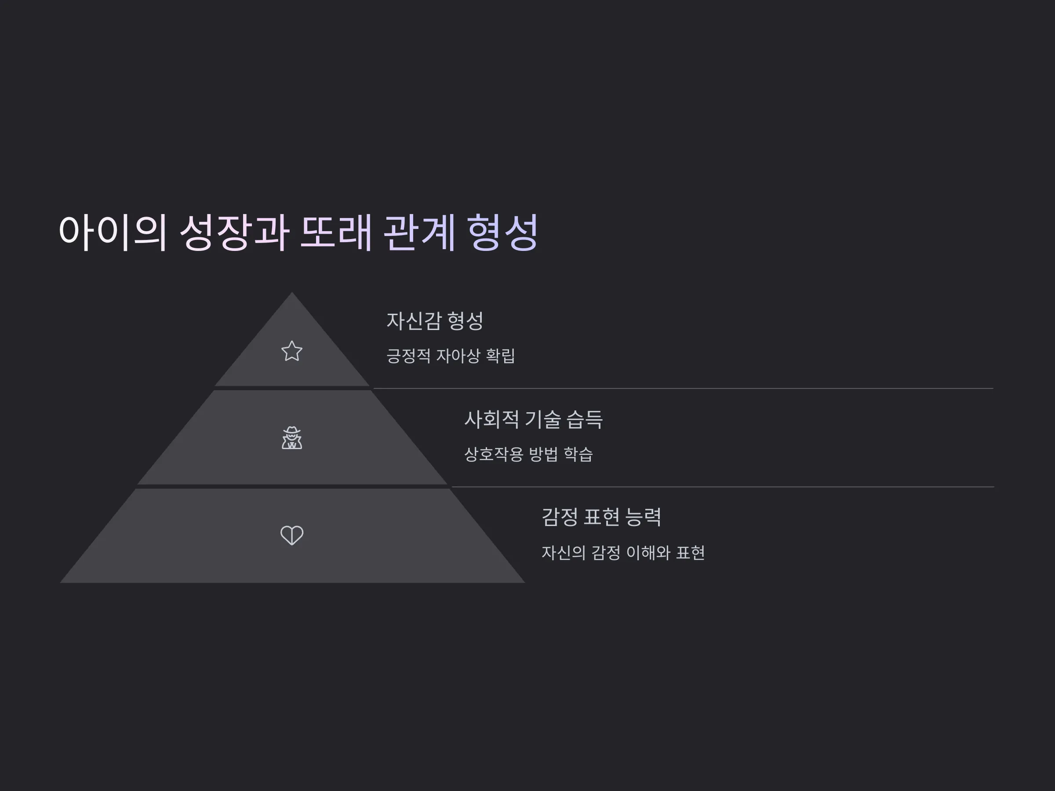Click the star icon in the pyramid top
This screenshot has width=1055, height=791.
coord(292,351)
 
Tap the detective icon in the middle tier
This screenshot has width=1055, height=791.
coord(292,438)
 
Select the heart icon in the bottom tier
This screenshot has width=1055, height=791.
coord(292,535)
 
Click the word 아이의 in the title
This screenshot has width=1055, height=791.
coord(113,232)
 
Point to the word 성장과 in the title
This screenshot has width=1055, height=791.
coord(234,232)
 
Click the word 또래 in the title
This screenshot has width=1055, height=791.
coord(336,232)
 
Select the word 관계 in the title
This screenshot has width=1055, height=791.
coord(419,232)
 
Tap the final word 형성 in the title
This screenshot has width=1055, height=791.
coord(503,232)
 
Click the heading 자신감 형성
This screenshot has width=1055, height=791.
coord(435,320)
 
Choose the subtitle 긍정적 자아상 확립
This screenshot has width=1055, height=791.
coord(451,356)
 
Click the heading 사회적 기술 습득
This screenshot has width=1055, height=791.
coord(534,420)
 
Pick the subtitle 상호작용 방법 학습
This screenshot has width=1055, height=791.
coord(528,454)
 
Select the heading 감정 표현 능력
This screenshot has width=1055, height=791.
coord(601,517)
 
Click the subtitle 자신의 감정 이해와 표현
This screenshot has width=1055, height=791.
coord(623,553)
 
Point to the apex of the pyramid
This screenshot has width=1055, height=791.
coord(292,292)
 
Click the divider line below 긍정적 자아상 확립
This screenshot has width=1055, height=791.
coord(683,388)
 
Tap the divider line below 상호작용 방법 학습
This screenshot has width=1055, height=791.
coord(723,487)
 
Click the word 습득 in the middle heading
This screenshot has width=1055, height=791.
coord(584,420)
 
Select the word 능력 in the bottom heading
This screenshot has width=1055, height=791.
coord(643,517)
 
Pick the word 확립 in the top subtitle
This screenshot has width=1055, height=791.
coord(500,356)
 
